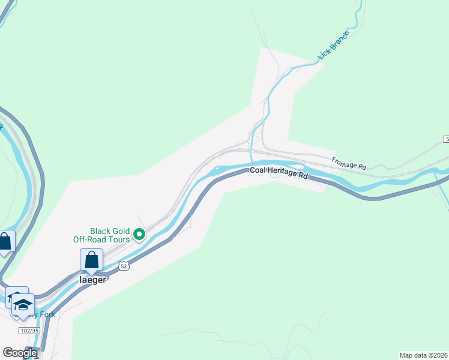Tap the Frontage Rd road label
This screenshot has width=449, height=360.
coord(349,162)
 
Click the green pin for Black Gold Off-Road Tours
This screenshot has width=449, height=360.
coord(139,235)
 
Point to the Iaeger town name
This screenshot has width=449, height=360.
coord(92,279)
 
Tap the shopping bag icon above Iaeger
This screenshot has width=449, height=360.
coord(91,260)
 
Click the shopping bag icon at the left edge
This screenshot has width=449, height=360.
coord(5,242)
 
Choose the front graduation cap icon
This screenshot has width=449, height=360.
coord(23,305)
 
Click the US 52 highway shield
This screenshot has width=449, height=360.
coord(123,265)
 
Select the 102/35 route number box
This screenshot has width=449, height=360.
coord(29,331)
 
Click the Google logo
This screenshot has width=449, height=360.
coord(20,353)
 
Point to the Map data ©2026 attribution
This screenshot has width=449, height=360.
coord(423,355)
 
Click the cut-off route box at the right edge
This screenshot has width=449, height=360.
coord(447,139)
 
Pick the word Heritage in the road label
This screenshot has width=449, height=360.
coord(282,175)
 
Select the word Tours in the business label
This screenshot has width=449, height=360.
coord(118,240)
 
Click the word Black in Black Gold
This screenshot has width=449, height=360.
coord(100,231)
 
